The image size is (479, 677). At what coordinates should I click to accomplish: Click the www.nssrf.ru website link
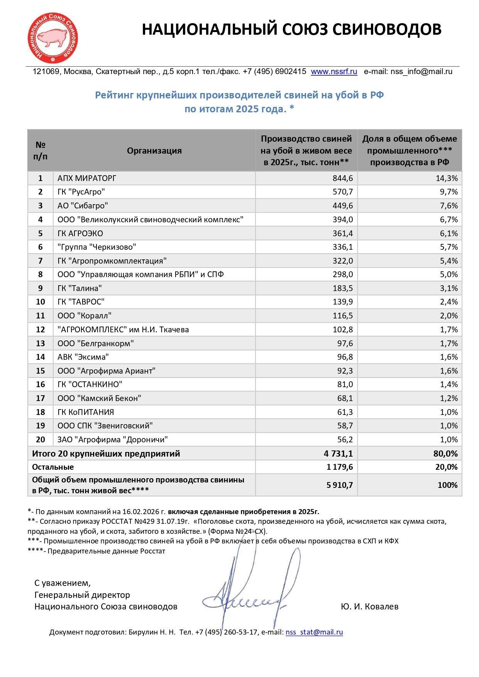334,72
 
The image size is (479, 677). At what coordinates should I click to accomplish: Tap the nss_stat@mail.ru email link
314,632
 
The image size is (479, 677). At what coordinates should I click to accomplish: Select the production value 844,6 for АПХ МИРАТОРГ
343,178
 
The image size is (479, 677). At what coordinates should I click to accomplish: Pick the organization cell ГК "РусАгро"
81,192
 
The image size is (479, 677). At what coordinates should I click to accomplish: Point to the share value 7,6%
449,206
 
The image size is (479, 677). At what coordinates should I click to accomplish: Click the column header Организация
154,151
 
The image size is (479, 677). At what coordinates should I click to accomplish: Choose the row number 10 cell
41,302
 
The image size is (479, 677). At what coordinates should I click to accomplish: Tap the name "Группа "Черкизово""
96,247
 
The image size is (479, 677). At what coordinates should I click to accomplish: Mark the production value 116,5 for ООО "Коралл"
343,316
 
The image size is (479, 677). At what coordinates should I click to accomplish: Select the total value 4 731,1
338,454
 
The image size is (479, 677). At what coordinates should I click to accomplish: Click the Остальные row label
53,467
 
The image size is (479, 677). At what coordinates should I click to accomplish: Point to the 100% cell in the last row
447,485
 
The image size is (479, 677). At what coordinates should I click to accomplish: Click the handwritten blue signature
247,594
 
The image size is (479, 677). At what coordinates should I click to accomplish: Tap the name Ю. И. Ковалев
369,607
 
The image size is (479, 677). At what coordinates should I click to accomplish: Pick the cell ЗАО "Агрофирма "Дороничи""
112,440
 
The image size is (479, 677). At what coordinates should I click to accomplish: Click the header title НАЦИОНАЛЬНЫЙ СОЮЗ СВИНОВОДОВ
291,30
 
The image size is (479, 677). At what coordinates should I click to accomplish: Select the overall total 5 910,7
340,485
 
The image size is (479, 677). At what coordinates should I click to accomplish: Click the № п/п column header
41,151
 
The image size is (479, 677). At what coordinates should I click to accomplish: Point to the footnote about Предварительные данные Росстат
96,551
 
